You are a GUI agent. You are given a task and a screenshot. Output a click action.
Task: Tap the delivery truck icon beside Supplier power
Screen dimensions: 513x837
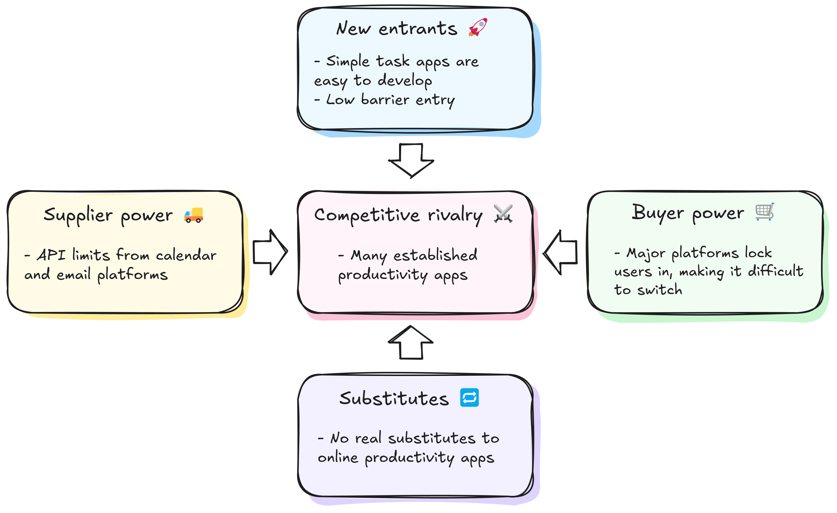[x=193, y=215]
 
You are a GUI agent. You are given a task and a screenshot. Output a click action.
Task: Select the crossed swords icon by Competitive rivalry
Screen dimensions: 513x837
[x=503, y=214]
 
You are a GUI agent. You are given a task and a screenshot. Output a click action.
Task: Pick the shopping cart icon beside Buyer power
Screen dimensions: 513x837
[x=764, y=212]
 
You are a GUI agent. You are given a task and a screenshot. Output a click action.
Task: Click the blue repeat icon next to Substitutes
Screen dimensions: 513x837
[x=469, y=397]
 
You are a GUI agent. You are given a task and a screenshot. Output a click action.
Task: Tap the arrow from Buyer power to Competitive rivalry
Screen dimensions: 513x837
[x=561, y=252]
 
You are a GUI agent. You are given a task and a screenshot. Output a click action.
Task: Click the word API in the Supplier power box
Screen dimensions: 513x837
[x=51, y=255]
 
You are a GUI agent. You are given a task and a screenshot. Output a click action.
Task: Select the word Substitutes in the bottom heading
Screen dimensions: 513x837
[x=394, y=399]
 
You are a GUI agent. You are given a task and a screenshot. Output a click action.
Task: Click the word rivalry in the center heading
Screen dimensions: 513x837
[x=455, y=216]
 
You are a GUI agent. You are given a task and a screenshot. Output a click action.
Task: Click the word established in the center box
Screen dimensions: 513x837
[x=435, y=255]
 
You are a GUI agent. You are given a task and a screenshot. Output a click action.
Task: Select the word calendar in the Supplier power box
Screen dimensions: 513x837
[x=186, y=255]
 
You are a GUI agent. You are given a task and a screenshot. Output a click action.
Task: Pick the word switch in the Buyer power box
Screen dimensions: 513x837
[x=659, y=290]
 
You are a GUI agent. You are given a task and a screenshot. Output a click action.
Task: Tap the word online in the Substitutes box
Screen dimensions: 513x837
[x=338, y=458]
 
